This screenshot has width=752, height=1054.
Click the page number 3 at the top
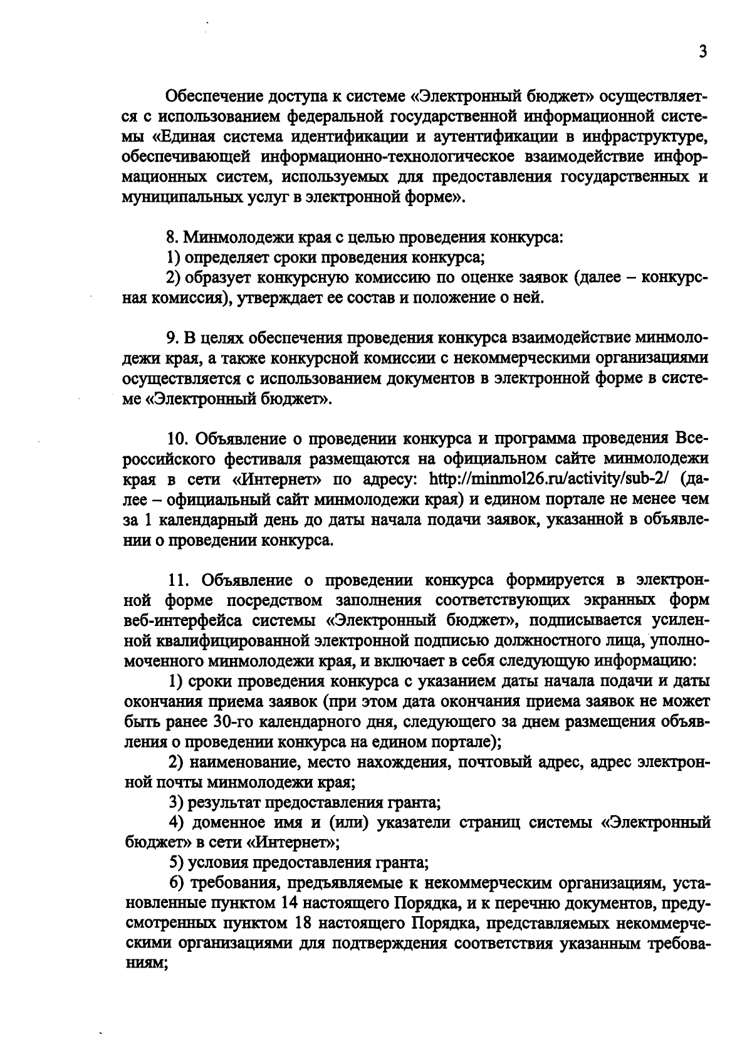pyautogui.click(x=702, y=53)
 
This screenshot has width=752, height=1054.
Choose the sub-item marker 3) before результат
pyautogui.click(x=176, y=802)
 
